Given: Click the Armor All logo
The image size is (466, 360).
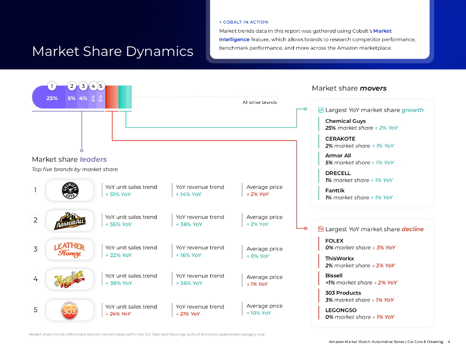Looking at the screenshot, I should pyautogui.click(x=70, y=220).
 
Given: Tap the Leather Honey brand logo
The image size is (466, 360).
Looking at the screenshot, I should pyautogui.click(x=70, y=250).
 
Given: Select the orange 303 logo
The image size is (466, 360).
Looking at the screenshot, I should pyautogui.click(x=70, y=310).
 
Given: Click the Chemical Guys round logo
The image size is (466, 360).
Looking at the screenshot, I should pyautogui.click(x=70, y=190).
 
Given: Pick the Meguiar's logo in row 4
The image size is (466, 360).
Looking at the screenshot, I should pyautogui.click(x=70, y=279).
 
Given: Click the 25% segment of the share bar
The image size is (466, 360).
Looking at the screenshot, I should pyautogui.click(x=52, y=98).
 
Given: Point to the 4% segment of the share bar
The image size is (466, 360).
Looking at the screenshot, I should pyautogui.click(x=83, y=98).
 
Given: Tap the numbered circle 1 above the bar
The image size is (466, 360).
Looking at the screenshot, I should pyautogui.click(x=52, y=86).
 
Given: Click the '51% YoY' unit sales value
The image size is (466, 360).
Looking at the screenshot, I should pyautogui.click(x=118, y=194).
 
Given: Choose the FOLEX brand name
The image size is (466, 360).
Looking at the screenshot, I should pyautogui.click(x=334, y=241).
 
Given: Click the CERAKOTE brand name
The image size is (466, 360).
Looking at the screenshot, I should pyautogui.click(x=340, y=139).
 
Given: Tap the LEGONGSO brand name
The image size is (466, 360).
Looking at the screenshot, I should pyautogui.click(x=341, y=310).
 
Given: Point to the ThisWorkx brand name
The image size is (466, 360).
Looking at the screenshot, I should pyautogui.click(x=339, y=258).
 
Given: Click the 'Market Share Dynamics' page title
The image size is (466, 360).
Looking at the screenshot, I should pyautogui.click(x=112, y=51).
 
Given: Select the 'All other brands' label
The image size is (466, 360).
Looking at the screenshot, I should pyautogui.click(x=259, y=102).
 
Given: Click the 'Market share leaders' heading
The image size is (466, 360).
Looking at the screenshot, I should pyautogui.click(x=69, y=159).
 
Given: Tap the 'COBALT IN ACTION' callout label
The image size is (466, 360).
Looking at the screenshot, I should pyautogui.click(x=245, y=22).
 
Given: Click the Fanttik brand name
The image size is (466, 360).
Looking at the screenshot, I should pyautogui.click(x=335, y=190).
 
